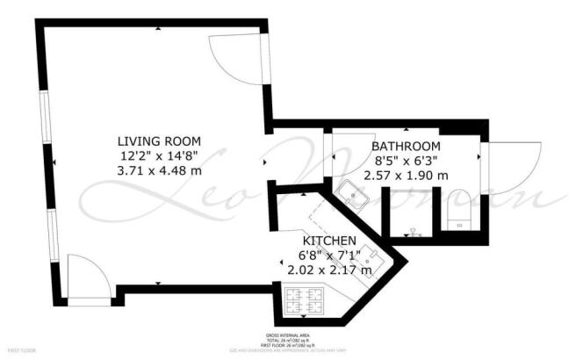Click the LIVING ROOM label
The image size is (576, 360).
[x=159, y=141]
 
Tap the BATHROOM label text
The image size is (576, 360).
[x=405, y=146]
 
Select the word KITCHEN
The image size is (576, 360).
[x=329, y=241]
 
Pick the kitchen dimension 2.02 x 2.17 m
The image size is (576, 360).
[x=330, y=270]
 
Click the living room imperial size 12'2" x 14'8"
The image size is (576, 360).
[x=159, y=155]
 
